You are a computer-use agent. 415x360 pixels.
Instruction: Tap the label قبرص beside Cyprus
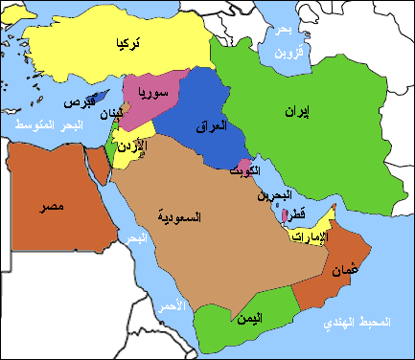pos(78,102)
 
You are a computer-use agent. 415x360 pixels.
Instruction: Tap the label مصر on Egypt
pos(39,207)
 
